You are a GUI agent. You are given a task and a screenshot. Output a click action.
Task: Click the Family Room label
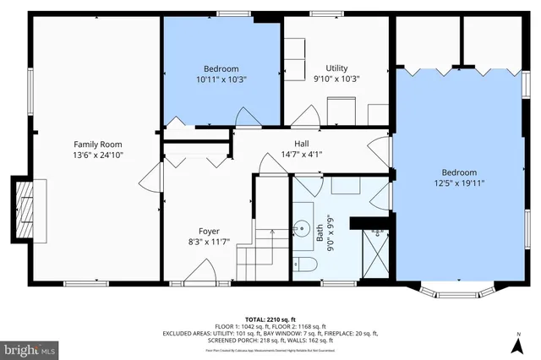point(92,144)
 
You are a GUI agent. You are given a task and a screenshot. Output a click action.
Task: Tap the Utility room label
point(337,68)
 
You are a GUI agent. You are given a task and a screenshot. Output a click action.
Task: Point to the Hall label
point(302,144)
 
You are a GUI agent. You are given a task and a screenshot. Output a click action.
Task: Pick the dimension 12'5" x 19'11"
point(459,183)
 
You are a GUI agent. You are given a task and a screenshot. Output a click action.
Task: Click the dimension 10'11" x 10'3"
point(221,79)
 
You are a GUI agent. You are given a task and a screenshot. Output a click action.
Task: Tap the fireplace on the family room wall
point(24,209)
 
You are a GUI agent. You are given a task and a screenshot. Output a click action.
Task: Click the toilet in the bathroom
point(307,266)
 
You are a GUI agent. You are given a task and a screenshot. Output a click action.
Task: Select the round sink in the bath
point(302,227)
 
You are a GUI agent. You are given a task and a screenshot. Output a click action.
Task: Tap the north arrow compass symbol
point(516,343)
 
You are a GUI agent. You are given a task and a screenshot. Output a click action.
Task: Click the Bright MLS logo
point(30,347)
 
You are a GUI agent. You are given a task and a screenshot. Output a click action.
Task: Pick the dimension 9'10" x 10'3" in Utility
point(337,79)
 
